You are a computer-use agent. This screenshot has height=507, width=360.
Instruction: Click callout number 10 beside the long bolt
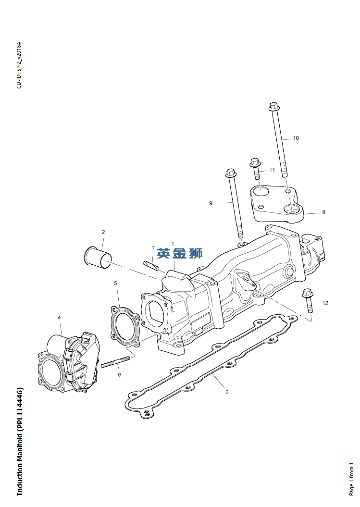tap(296, 138)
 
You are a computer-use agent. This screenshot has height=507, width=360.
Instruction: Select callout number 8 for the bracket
tap(323, 212)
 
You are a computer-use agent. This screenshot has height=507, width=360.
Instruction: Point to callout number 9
tap(211, 203)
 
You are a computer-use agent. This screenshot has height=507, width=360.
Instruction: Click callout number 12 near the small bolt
tap(325, 303)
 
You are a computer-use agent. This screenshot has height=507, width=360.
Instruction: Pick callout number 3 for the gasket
tap(227, 392)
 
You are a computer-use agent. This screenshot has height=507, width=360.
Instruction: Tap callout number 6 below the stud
tap(119, 375)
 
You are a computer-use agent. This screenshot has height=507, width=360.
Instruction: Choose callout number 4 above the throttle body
tap(59, 318)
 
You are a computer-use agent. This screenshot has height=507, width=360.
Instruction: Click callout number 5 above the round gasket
tap(115, 283)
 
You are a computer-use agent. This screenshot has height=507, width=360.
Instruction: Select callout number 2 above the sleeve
tap(103, 232)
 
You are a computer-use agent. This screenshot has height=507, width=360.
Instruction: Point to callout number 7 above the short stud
tap(153, 248)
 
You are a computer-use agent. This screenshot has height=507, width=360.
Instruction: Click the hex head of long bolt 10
tap(273, 106)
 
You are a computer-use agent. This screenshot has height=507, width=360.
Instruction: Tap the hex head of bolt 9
tap(230, 173)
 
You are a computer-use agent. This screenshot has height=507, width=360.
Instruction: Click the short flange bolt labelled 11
tap(256, 168)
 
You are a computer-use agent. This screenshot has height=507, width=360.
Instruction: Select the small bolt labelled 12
tap(308, 301)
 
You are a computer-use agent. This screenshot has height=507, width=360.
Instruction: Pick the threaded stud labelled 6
tap(115, 362)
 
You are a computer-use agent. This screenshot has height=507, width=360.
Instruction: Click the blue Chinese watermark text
tap(180, 253)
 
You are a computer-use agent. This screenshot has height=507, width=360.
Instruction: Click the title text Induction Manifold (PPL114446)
tap(20, 441)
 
